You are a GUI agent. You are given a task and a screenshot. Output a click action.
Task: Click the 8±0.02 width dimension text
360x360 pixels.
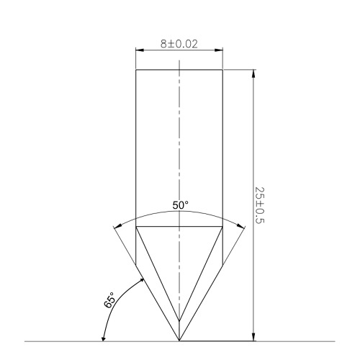[x=179, y=44]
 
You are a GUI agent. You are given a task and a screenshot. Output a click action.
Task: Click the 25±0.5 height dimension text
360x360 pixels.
[x=260, y=204]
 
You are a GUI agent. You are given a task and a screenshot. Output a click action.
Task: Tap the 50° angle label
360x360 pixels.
[x=181, y=206]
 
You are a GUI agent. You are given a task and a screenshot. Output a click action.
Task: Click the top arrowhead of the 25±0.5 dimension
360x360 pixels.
[x=253, y=73]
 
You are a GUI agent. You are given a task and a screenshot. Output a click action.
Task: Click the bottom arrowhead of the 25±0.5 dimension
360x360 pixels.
[x=253, y=337]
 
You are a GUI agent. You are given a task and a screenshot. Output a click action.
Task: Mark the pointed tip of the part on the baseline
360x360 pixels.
[x=179, y=341]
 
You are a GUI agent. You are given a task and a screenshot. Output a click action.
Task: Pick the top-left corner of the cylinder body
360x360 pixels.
[x=136, y=69]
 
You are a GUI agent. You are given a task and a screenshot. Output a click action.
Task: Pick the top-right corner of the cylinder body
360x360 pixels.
[x=222, y=69]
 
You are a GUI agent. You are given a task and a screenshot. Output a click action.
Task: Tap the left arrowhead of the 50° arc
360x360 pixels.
[x=117, y=228]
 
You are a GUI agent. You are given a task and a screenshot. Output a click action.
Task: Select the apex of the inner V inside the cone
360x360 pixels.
[x=179, y=322]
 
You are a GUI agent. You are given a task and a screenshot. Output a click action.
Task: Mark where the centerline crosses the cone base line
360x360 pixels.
[x=179, y=227]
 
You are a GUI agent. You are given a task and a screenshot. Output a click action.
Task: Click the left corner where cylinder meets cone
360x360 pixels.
[x=136, y=227]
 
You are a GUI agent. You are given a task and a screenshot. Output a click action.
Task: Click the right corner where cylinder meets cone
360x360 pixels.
[x=222, y=227]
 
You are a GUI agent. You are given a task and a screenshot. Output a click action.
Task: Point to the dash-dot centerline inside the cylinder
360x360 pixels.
[x=179, y=144]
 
